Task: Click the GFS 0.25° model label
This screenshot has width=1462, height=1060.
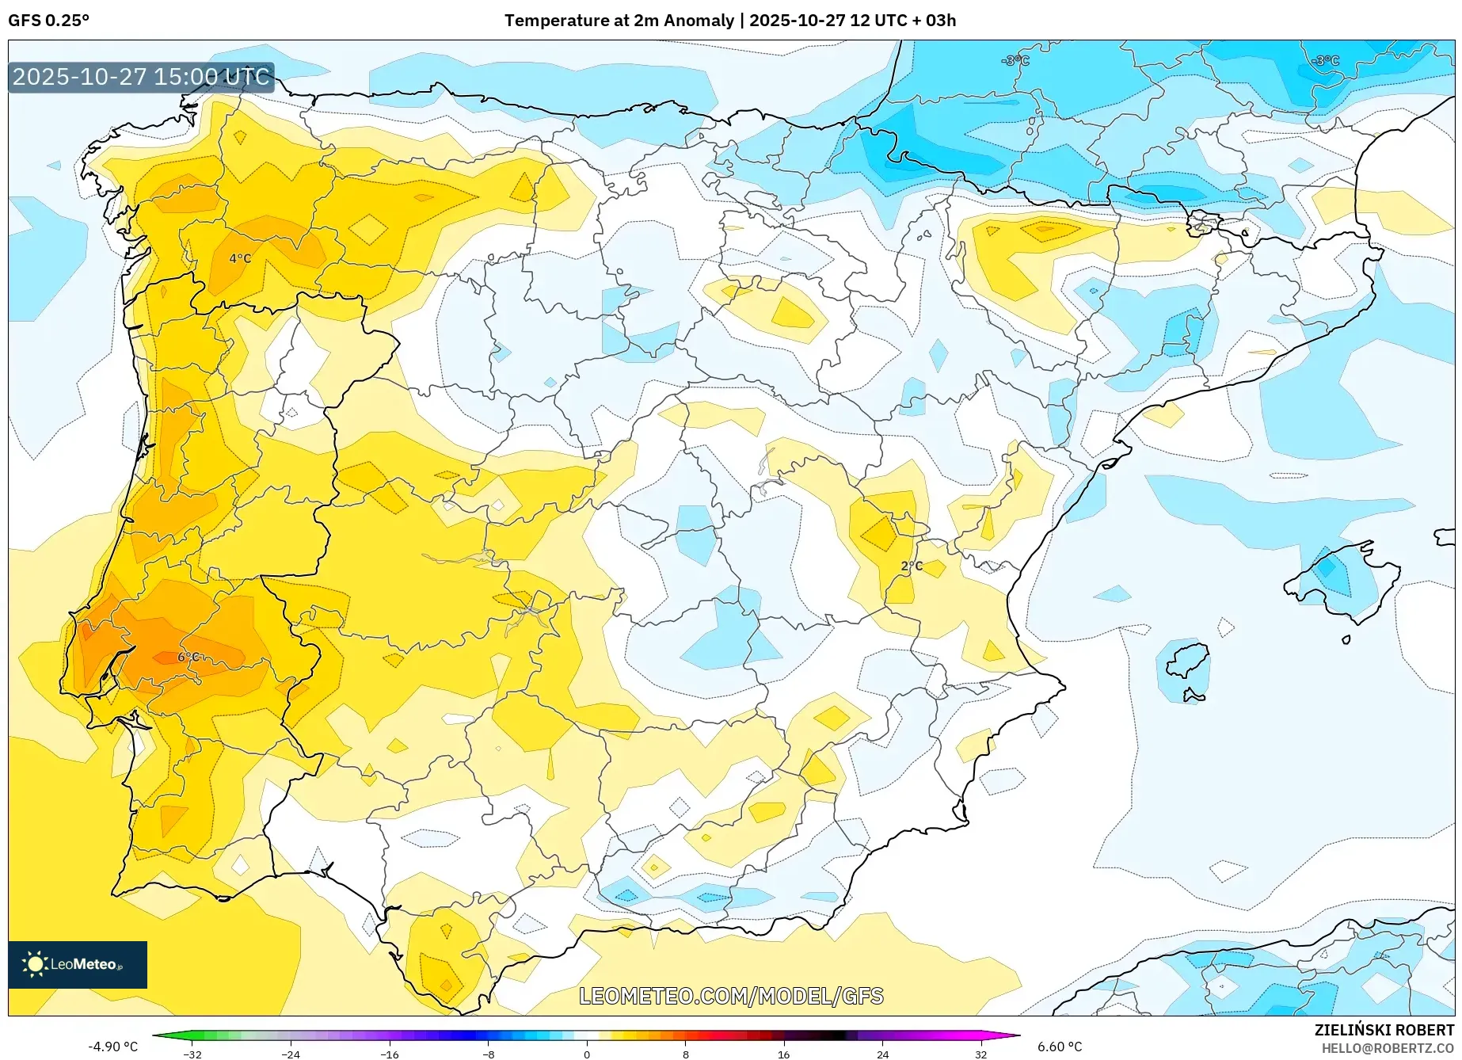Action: [x=48, y=21]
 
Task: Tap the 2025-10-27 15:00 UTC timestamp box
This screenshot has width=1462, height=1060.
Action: [x=141, y=78]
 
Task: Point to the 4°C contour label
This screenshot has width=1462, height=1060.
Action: [x=240, y=258]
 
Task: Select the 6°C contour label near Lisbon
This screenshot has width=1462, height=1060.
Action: [x=188, y=657]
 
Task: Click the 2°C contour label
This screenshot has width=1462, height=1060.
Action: [x=912, y=566]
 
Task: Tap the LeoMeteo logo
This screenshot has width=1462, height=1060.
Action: [x=78, y=964]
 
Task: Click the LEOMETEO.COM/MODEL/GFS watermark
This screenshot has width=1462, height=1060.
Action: [x=731, y=996]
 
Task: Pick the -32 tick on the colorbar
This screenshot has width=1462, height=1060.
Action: [x=192, y=1054]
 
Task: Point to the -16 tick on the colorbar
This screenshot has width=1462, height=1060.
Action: [x=390, y=1054]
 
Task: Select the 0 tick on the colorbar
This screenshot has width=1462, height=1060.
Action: [x=587, y=1054]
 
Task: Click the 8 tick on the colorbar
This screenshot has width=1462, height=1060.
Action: [x=686, y=1054]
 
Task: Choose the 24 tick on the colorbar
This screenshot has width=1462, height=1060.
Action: [x=882, y=1054]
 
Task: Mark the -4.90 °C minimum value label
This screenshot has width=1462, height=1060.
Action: [x=112, y=1047]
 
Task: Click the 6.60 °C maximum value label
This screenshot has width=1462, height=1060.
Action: [x=1060, y=1047]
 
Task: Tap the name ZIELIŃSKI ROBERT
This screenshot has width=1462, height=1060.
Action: [x=1384, y=1030]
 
